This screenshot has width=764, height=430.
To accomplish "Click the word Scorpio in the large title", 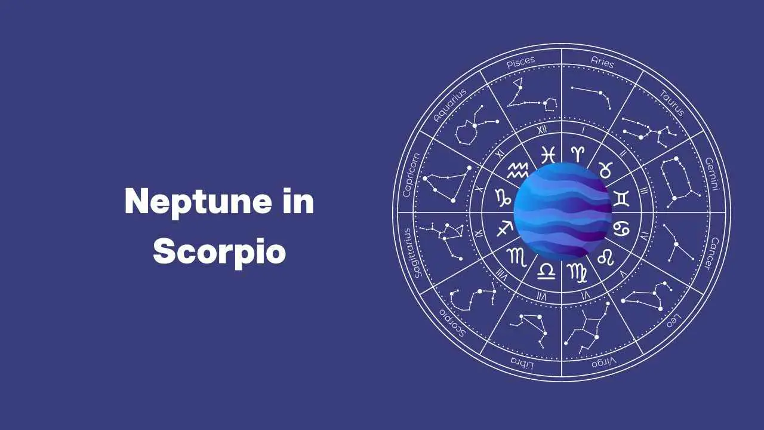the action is click(219, 252).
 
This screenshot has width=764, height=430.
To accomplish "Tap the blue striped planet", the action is click(563, 211).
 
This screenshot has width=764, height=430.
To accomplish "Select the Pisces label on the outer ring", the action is click(521, 63).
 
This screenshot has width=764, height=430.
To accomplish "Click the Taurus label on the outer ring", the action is click(672, 103).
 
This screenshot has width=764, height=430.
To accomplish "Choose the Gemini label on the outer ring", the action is click(712, 174).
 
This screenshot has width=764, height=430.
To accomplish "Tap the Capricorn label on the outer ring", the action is click(411, 175).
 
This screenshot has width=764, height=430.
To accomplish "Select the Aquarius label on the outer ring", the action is click(449, 106).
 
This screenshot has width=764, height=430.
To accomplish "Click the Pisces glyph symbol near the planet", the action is click(548, 155).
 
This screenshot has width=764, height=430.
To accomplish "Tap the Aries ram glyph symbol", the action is click(578, 154).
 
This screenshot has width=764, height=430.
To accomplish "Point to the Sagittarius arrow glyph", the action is click(505, 228).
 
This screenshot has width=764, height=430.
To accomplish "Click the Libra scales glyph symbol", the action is click(546, 272).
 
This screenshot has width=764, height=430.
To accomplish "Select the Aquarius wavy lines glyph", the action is click(517, 170).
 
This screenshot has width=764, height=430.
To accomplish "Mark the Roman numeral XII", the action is click(541, 130).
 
